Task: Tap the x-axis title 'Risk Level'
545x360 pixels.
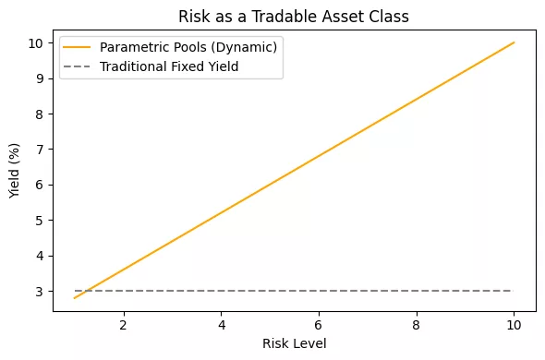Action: pyautogui.click(x=294, y=344)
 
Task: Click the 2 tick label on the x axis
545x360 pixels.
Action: pyautogui.click(x=123, y=324)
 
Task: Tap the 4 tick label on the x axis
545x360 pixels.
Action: pyautogui.click(x=221, y=324)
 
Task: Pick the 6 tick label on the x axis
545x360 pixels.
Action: pyautogui.click(x=319, y=324)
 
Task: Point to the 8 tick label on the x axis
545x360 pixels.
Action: pyautogui.click(x=417, y=324)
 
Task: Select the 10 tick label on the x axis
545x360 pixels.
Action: pyautogui.click(x=515, y=324)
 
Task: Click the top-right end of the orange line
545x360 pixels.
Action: pyautogui.click(x=515, y=42)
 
